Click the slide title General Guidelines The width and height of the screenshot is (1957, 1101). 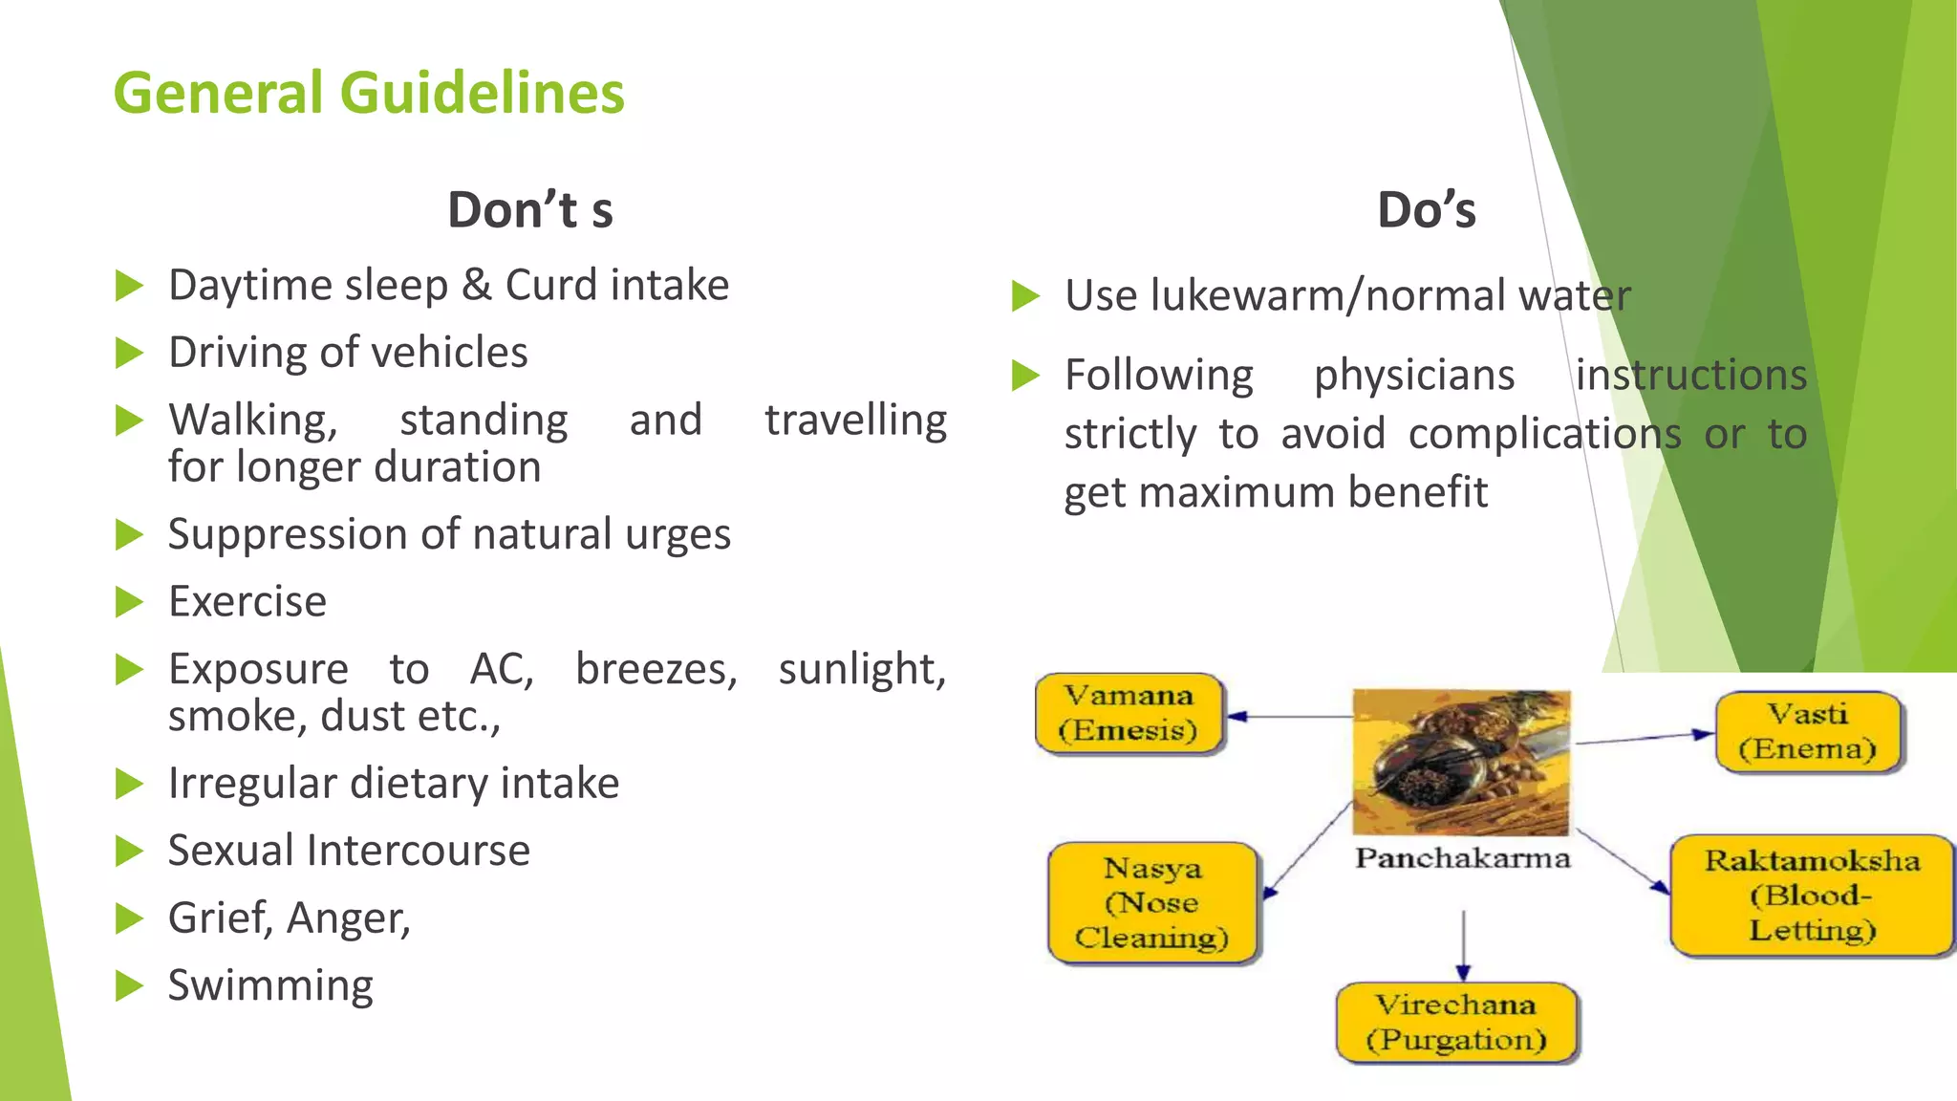tap(369, 93)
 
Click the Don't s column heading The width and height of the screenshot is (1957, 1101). tap(530, 210)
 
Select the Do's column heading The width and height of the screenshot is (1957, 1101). tap(1426, 210)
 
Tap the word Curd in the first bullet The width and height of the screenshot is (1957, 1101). tap(551, 285)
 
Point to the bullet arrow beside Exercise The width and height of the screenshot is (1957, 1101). tap(128, 602)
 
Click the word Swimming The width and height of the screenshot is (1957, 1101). tap(270, 985)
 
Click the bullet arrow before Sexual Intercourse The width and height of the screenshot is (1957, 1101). tap(128, 851)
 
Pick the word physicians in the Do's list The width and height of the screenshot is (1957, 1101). tap(1413, 375)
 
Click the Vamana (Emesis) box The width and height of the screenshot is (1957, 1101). tap(1129, 714)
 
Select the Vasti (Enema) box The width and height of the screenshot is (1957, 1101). tap(1807, 732)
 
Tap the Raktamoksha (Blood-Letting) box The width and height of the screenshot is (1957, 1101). tap(1811, 896)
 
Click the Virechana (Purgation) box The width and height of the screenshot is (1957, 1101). tap(1455, 1023)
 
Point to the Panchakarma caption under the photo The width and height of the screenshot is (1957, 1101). tap(1462, 857)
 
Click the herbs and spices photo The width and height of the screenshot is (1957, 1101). tap(1461, 762)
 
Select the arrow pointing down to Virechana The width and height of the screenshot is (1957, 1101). tap(1463, 946)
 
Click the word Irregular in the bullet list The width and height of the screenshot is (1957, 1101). tap(253, 784)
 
